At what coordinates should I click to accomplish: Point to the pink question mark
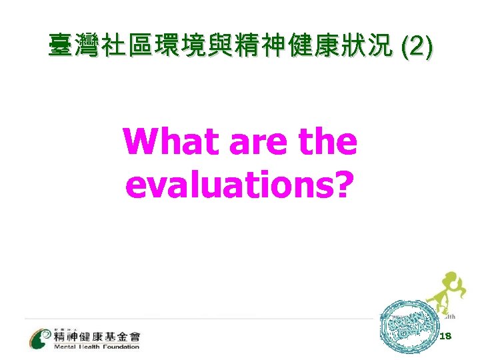pyautogui.click(x=341, y=184)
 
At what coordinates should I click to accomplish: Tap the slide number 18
pyautogui.click(x=446, y=337)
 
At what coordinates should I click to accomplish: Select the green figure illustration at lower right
pyautogui.click(x=444, y=293)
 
